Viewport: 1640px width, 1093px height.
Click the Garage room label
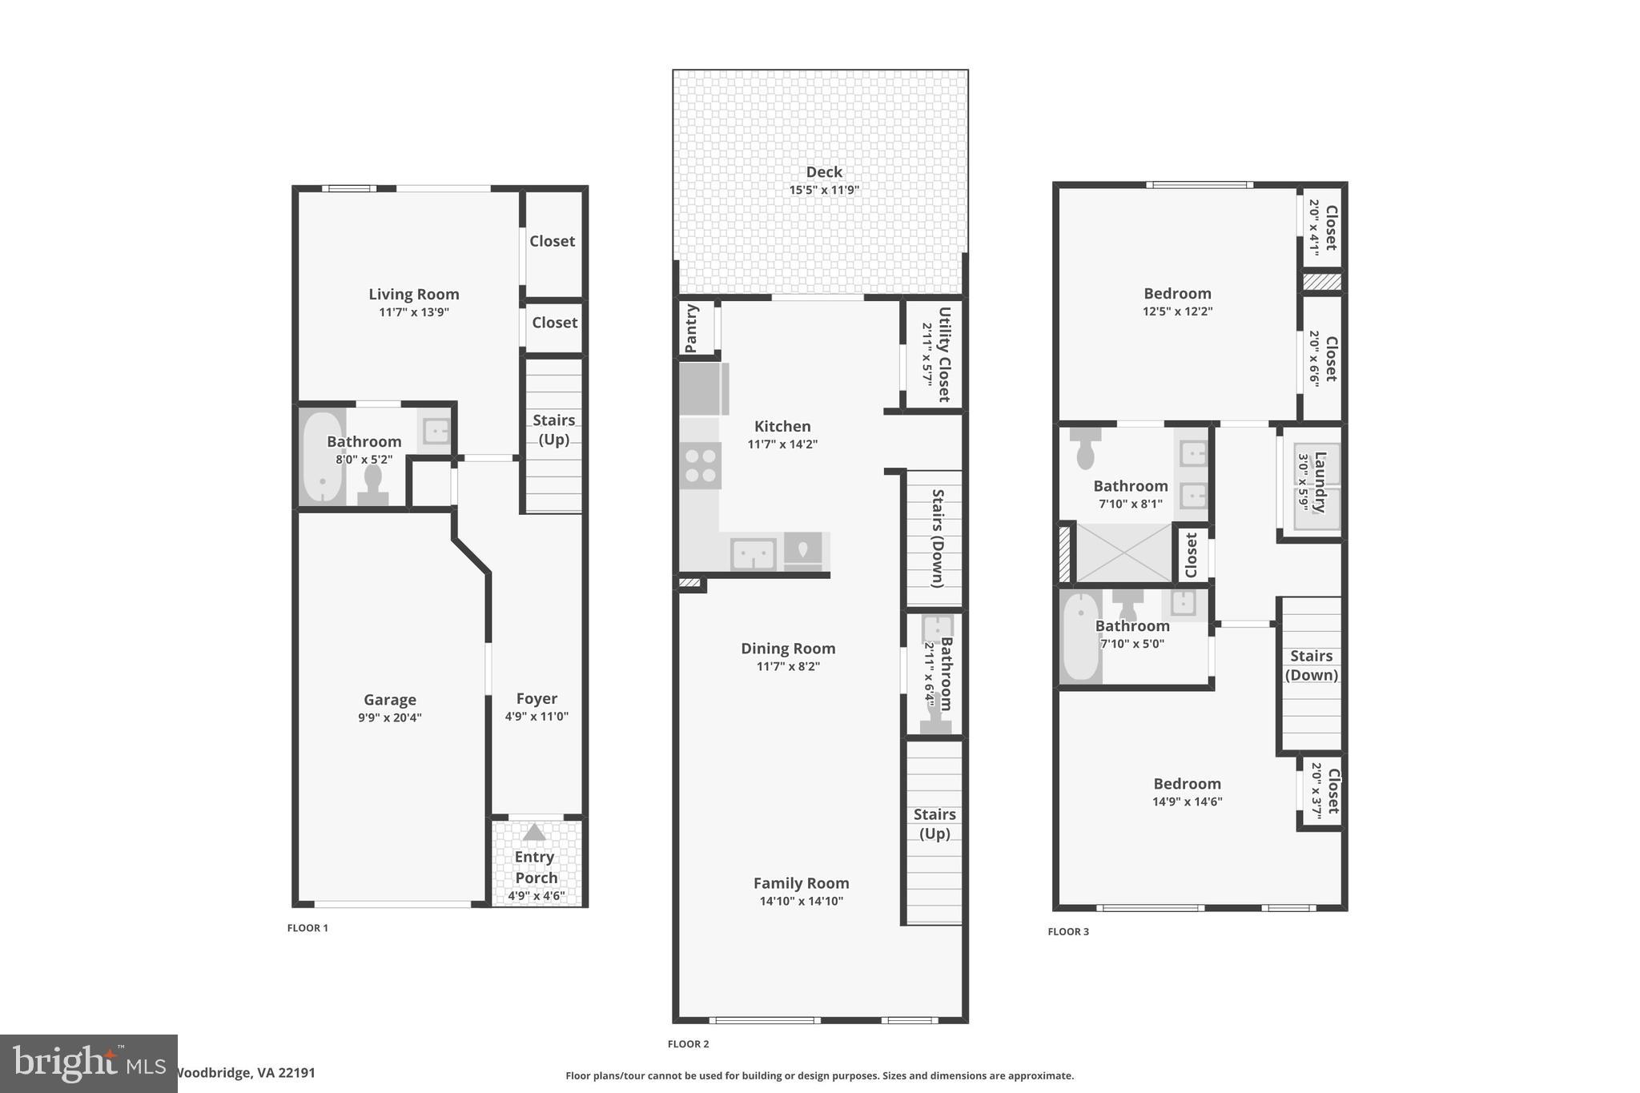point(389,699)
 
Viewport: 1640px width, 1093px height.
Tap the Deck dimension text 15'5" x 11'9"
point(823,190)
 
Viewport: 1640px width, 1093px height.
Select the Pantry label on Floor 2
point(692,328)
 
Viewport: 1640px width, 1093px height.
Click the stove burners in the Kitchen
point(701,466)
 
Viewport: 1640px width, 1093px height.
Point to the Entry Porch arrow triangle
point(534,833)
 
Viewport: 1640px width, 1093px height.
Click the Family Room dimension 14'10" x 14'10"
point(801,901)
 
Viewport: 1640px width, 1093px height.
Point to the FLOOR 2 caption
point(688,1043)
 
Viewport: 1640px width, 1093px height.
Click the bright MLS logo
point(88,1063)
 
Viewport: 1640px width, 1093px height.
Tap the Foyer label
point(537,698)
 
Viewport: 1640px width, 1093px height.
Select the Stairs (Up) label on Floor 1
point(553,429)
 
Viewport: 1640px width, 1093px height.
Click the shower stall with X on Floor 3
point(1123,553)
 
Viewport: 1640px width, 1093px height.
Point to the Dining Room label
point(788,648)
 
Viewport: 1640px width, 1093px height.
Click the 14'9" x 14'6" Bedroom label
point(1187,783)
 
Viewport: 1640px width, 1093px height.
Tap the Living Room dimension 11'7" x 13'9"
point(414,312)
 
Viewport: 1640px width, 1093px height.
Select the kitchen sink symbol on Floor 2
point(753,553)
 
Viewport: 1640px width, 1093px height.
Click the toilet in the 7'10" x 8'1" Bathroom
point(1085,450)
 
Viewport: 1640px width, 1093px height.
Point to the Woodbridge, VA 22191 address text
point(244,1072)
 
